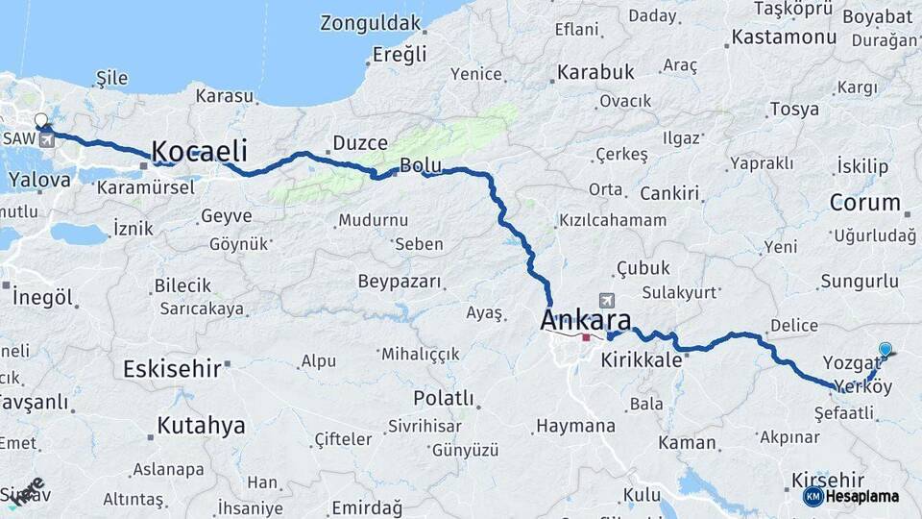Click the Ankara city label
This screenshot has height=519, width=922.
586,319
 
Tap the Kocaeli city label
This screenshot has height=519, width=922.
200,151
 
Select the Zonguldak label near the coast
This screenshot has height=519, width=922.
371,23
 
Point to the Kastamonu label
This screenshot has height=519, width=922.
783,37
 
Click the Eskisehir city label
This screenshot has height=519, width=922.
172,368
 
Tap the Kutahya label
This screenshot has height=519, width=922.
201,425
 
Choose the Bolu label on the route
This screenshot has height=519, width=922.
420,165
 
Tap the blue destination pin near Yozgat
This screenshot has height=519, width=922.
885,350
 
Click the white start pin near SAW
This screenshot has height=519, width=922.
40,121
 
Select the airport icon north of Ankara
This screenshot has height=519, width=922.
605,300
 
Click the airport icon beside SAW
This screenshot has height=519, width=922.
47,140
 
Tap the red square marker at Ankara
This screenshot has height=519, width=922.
587,337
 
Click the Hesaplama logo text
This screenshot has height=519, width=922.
861,497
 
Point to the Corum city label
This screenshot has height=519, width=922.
864,204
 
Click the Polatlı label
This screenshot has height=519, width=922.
443,398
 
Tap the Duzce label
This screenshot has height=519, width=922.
359,144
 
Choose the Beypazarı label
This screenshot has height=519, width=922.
399,282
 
